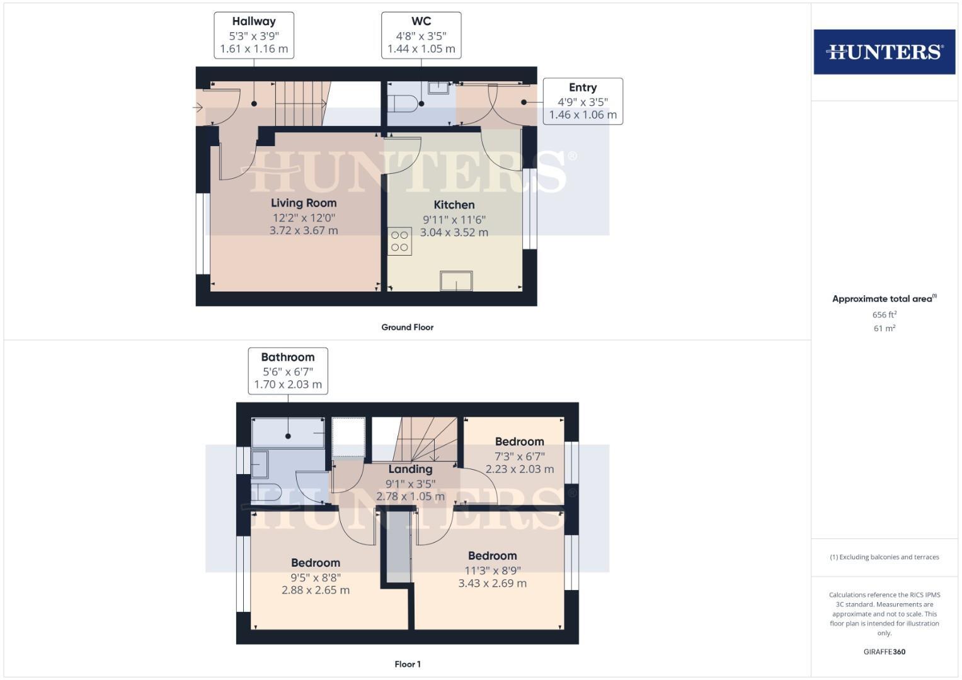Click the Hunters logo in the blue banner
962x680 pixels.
[884, 52]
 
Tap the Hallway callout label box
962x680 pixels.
[254, 35]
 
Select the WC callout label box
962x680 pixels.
[421, 35]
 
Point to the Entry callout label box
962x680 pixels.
[583, 101]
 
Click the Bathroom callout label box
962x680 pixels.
[288, 371]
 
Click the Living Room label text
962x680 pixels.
[304, 203]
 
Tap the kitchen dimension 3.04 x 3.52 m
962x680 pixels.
[454, 232]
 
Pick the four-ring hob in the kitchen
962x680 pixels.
[399, 241]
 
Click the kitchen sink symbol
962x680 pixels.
[456, 281]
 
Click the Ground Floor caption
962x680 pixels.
[407, 327]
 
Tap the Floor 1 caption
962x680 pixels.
[407, 664]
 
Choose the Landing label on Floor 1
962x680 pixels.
[410, 469]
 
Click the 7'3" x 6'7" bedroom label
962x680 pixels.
[519, 456]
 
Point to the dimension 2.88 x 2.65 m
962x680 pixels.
[316, 591]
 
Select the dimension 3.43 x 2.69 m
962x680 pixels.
[492, 584]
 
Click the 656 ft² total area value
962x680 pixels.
[884, 315]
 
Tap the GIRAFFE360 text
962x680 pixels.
[884, 652]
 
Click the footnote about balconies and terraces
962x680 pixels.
[884, 557]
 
